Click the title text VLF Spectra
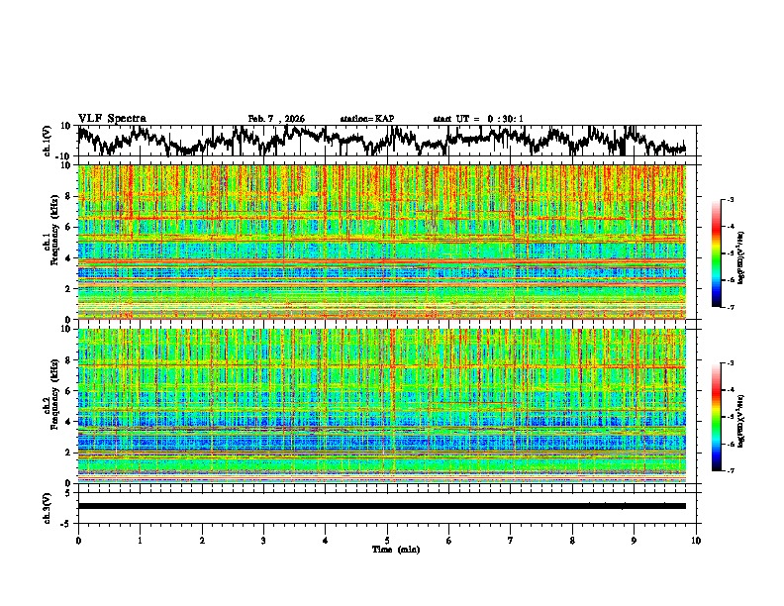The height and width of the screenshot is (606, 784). (112, 118)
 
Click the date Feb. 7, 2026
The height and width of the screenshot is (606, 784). (276, 119)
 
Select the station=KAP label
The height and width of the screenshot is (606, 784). (366, 119)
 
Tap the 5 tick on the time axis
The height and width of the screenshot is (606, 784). (387, 540)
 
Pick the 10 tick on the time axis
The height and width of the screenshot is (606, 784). (696, 540)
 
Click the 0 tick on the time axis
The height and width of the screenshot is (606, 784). (78, 540)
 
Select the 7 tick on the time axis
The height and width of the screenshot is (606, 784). (511, 540)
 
